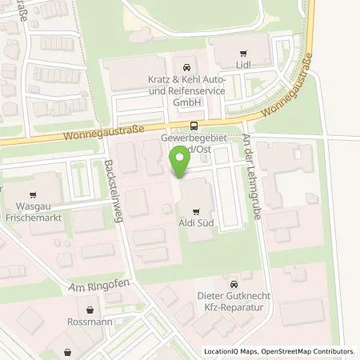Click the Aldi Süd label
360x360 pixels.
point(194,224)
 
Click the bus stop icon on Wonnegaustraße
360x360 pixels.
point(195,124)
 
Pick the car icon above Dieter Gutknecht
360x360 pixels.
point(232,284)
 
